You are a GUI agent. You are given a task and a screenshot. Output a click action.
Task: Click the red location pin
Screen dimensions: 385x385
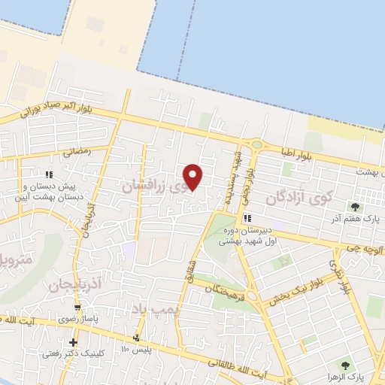pos(193,177)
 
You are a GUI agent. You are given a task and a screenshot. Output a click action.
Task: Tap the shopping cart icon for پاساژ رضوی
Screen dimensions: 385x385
pos(77,308)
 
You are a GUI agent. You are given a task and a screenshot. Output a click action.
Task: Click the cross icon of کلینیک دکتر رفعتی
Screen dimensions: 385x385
pos(73,343)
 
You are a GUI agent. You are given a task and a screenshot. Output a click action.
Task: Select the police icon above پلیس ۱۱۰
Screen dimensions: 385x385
pos(136,337)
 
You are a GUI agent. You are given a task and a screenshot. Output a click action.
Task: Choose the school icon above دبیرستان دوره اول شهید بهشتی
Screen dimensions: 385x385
pos(247,219)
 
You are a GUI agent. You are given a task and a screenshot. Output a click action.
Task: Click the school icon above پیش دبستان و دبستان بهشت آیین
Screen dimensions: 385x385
pos(48,174)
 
